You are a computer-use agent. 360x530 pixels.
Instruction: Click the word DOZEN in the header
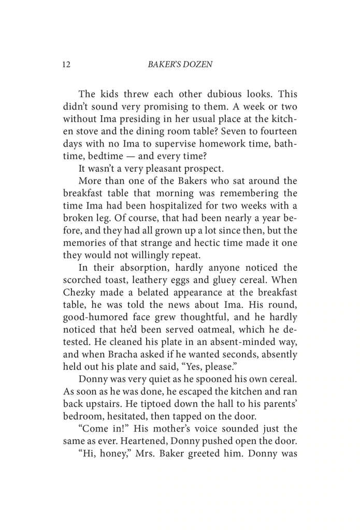pyautogui.click(x=199, y=66)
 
